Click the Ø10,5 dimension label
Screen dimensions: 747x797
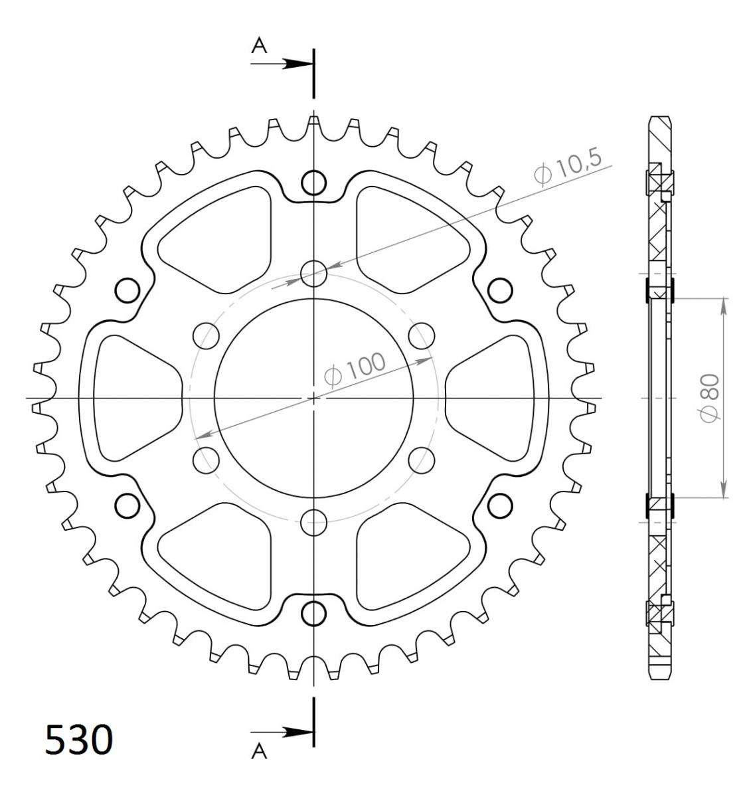tap(567, 167)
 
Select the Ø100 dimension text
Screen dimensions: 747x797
tap(355, 369)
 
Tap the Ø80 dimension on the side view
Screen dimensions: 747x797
tap(710, 398)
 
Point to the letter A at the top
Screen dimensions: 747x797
tap(259, 46)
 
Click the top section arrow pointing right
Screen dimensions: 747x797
tap(281, 64)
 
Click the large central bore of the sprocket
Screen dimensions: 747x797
tap(313, 398)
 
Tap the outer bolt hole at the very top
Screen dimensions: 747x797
tap(313, 183)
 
